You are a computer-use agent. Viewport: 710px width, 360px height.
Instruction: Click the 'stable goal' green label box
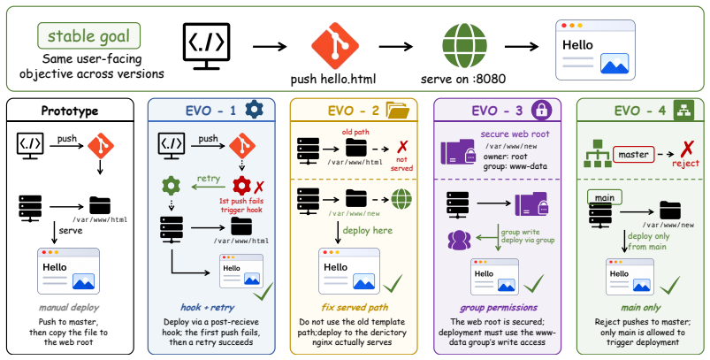click(88, 35)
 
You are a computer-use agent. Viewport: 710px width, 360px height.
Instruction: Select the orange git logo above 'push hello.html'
click(335, 46)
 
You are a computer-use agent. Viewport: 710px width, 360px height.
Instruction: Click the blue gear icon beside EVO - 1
click(254, 110)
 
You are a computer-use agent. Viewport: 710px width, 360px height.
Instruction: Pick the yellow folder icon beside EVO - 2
click(398, 110)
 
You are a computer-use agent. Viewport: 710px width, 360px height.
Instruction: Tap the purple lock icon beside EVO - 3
click(540, 110)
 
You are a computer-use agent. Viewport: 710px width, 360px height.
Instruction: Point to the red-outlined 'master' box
click(633, 155)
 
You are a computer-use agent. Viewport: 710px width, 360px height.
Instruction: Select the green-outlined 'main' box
click(605, 197)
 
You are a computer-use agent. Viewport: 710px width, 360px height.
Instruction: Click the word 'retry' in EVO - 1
click(209, 178)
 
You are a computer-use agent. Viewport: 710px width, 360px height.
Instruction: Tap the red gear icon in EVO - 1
click(241, 186)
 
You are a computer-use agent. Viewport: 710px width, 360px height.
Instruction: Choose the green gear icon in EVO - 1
click(172, 186)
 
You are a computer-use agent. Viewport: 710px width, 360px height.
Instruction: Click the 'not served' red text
click(401, 164)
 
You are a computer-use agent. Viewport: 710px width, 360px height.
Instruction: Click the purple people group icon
click(459, 240)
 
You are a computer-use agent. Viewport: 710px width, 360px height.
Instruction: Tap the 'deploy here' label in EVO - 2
click(367, 231)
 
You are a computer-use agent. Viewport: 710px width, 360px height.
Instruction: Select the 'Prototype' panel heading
click(70, 111)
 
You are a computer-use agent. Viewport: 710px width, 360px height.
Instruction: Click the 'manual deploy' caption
click(69, 308)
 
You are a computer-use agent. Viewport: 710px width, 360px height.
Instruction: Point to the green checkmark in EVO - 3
click(534, 283)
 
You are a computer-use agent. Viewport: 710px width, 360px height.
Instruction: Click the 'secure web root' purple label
click(515, 134)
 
